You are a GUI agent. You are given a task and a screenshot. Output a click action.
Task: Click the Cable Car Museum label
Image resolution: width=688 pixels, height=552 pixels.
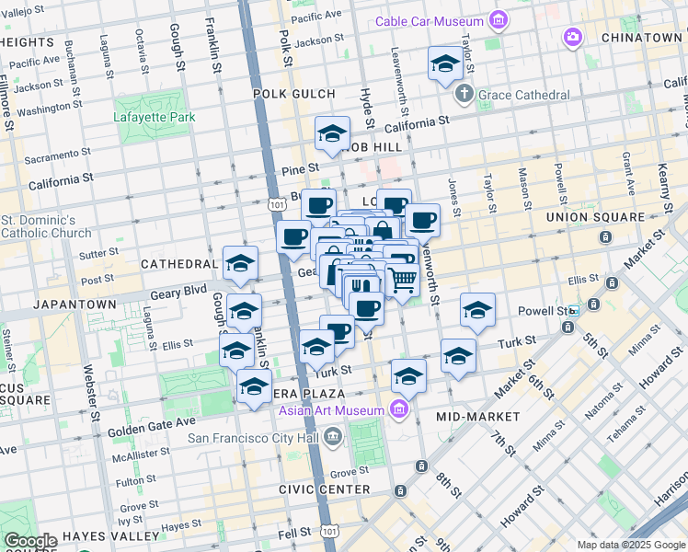(430, 21)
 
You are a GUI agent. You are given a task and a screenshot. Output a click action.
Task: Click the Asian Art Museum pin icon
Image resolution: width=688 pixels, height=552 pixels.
(399, 409)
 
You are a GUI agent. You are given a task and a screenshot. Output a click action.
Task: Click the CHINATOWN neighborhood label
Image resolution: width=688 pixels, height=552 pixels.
(641, 38)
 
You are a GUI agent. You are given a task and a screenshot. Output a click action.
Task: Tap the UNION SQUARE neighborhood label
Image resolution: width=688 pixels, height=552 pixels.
(595, 217)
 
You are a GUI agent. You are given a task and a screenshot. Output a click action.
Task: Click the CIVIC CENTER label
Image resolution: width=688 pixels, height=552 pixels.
(325, 489)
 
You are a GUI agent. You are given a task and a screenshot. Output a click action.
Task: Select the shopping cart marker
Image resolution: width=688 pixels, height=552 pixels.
(402, 280)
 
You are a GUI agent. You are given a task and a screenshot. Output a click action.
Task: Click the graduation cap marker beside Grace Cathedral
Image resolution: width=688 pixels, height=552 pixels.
(445, 63)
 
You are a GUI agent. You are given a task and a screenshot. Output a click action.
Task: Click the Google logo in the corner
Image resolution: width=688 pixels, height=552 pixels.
(29, 541)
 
